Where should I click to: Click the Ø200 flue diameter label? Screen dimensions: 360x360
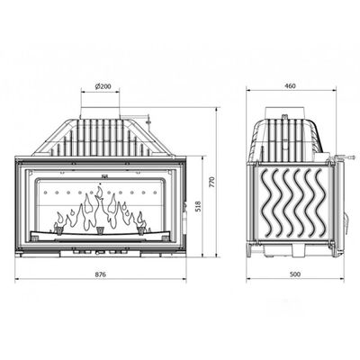(x=103, y=86)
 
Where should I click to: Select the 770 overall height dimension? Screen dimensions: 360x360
(x=212, y=182)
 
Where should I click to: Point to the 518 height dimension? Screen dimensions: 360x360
(x=198, y=206)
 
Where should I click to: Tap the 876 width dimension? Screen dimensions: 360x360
(x=101, y=274)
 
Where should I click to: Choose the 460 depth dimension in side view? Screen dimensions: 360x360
(x=291, y=86)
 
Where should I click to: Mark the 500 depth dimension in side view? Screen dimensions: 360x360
(x=295, y=274)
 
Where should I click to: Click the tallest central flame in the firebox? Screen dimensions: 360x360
(x=98, y=207)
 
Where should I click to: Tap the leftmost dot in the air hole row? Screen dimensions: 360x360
(x=45, y=193)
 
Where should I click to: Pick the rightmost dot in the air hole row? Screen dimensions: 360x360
(x=155, y=193)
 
